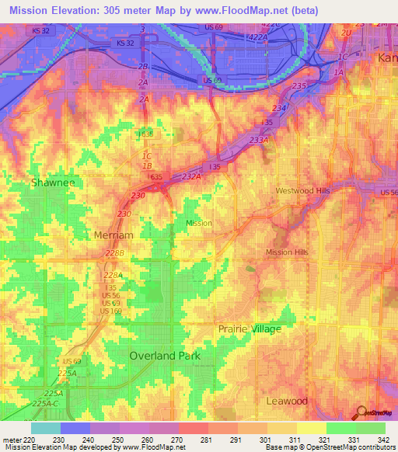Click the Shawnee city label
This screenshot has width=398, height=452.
(x=53, y=183)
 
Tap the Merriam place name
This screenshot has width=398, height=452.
(x=113, y=235)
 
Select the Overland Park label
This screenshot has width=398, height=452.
(x=164, y=356)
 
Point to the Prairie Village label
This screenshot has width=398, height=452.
(x=249, y=329)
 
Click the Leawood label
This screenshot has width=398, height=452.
(x=287, y=401)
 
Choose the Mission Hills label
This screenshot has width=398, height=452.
(x=288, y=252)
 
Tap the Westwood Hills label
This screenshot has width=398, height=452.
(x=303, y=190)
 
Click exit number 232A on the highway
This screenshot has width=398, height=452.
(x=191, y=177)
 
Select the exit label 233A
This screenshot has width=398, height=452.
(x=259, y=140)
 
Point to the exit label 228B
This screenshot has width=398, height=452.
(x=114, y=253)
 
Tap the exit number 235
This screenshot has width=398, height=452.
(x=299, y=85)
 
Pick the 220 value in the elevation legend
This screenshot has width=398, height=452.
(x=30, y=439)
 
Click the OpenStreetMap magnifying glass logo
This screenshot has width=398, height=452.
(x=361, y=412)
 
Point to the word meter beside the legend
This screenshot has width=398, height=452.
(x=11, y=439)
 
